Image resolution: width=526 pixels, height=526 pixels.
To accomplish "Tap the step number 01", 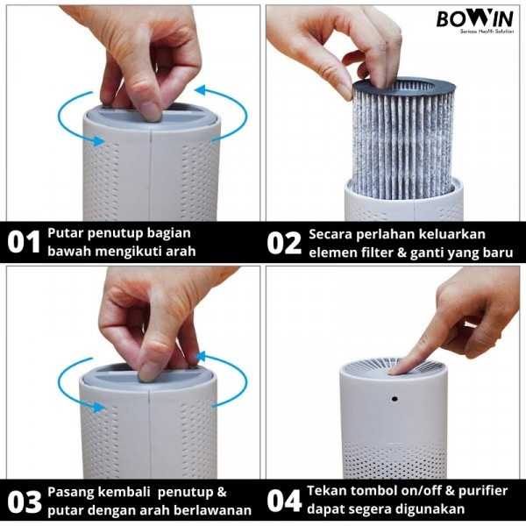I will [x=25, y=243].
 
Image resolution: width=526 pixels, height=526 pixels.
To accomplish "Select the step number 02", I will [x=285, y=243].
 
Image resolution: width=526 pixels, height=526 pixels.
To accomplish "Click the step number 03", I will [x=25, y=501].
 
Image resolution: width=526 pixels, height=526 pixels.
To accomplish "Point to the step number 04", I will [x=285, y=501].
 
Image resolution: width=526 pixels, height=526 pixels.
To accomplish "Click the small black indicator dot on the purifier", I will [x=394, y=399].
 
